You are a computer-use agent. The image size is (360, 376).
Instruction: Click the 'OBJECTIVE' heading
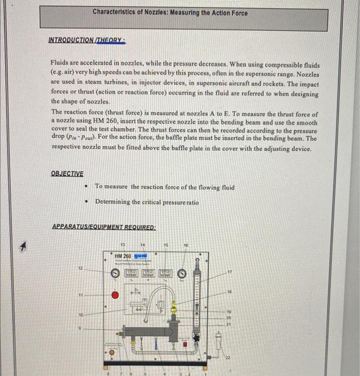(67, 173)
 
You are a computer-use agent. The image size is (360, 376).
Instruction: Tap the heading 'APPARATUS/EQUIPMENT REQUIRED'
(104, 227)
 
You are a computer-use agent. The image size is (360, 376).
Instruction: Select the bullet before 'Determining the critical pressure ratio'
(86, 202)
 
